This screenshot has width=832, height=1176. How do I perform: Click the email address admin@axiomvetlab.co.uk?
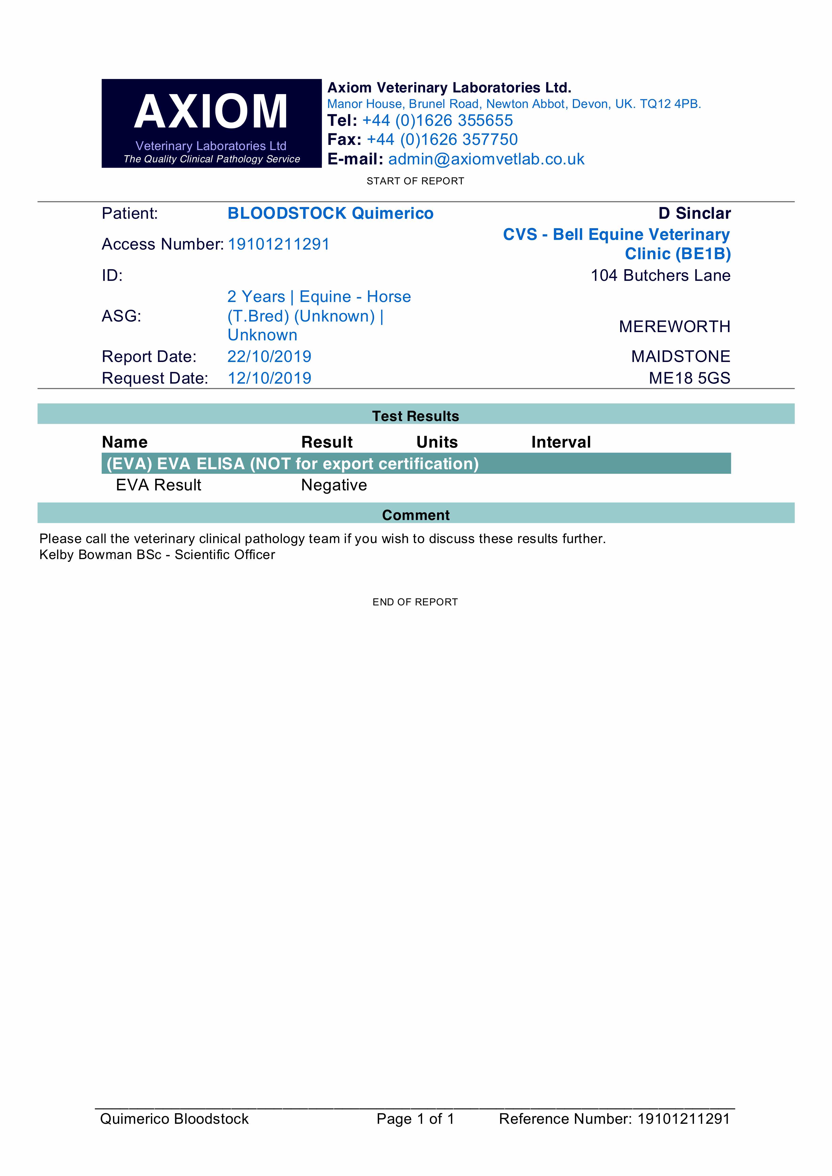pyautogui.click(x=486, y=159)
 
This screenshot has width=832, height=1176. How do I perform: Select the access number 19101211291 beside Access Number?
pyautogui.click(x=278, y=244)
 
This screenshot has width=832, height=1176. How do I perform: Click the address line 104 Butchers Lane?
pyautogui.click(x=660, y=276)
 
